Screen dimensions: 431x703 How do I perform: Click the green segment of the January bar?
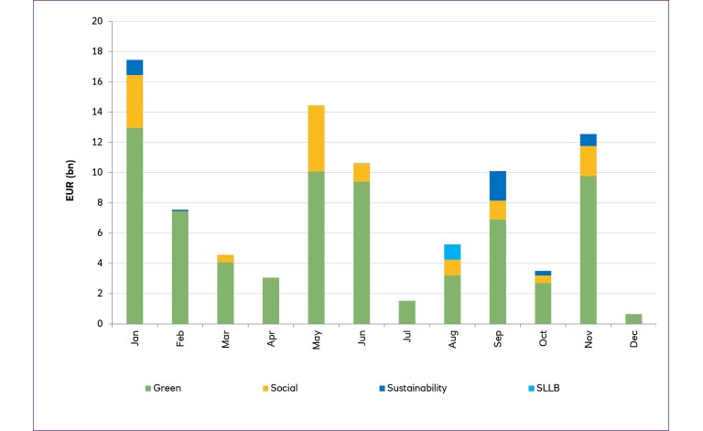(x=135, y=225)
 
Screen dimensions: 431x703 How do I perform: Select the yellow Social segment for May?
(x=316, y=138)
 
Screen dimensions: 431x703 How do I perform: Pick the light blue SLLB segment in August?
(x=451, y=252)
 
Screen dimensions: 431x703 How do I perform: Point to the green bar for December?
(x=633, y=318)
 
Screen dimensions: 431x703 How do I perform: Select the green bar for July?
(x=406, y=312)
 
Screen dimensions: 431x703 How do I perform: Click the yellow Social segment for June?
(x=361, y=172)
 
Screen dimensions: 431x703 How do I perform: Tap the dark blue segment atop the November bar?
(x=588, y=140)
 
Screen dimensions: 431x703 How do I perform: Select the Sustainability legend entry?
(x=411, y=388)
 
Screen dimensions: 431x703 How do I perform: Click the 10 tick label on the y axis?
(x=96, y=172)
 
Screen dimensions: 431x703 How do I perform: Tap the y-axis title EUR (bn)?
(x=70, y=172)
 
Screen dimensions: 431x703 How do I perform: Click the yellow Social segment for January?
(x=135, y=101)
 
